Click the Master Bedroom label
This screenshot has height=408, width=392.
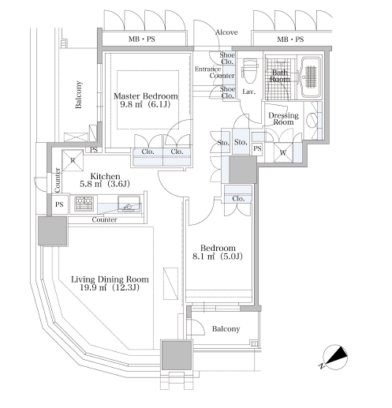(x=145, y=100)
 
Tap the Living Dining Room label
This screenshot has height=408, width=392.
(x=110, y=283)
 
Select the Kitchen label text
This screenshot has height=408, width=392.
(x=105, y=180)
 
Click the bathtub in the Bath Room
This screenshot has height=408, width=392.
(x=311, y=77)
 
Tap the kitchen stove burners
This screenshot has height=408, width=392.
(x=84, y=204)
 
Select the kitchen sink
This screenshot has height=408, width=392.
(x=129, y=204)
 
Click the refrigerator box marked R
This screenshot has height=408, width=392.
(x=73, y=160)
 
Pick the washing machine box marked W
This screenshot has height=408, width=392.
(x=283, y=152)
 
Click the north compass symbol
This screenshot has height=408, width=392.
(x=334, y=357)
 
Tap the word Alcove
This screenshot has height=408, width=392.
(x=226, y=32)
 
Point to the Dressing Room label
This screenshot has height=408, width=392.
(x=283, y=118)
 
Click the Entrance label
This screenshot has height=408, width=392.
(x=207, y=69)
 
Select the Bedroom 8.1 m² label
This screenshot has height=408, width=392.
(x=218, y=252)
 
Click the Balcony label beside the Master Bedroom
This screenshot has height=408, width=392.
(x=78, y=95)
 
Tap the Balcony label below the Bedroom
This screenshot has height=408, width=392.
(x=226, y=329)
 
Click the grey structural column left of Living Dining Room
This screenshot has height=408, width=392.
(x=53, y=230)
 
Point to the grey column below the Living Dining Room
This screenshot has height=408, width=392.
(x=177, y=355)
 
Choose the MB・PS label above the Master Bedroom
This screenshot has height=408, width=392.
(x=142, y=39)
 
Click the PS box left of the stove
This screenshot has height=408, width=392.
(x=60, y=204)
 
